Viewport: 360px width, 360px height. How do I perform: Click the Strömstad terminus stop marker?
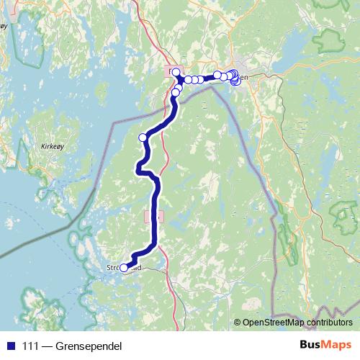(x=123, y=268)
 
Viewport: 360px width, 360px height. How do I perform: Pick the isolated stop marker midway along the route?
(x=143, y=138)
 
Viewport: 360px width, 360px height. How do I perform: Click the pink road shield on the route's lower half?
(x=154, y=215)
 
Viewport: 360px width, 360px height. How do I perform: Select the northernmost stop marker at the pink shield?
(x=176, y=71)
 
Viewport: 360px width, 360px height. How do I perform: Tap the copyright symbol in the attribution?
(x=238, y=322)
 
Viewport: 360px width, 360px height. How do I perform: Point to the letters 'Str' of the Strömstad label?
(x=112, y=268)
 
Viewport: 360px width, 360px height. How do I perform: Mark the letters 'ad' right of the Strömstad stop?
(x=145, y=268)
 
